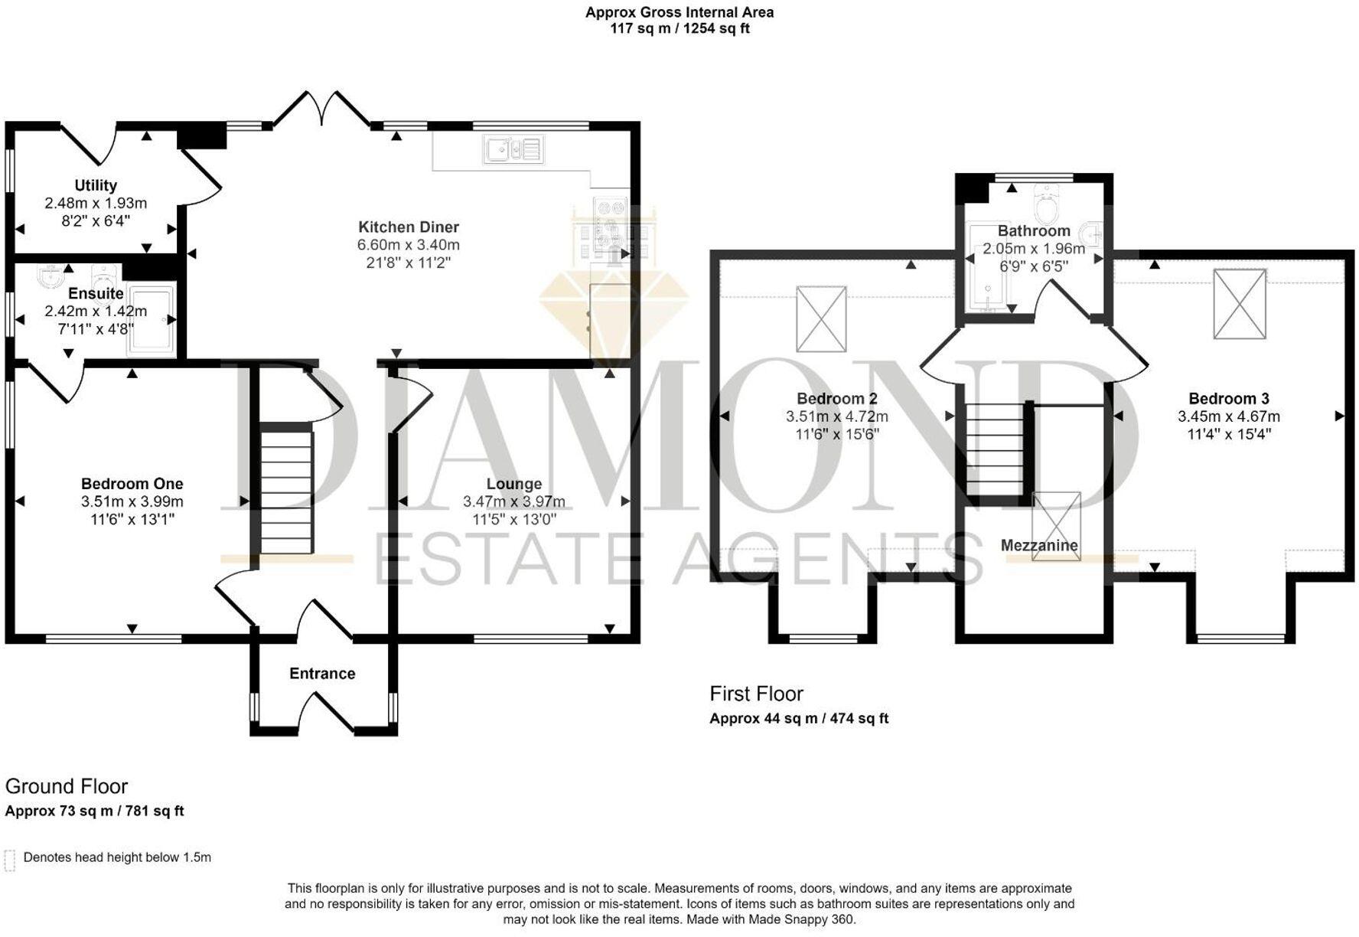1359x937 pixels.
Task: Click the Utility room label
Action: (x=96, y=185)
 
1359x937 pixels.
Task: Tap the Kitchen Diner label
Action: (x=409, y=227)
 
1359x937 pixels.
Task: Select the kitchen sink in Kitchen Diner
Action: (x=513, y=149)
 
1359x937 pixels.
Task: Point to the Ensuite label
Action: (x=96, y=294)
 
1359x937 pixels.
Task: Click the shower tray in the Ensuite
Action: (x=152, y=322)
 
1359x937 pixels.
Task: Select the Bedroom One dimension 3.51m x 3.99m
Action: (x=132, y=502)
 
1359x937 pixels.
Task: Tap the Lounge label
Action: (x=514, y=484)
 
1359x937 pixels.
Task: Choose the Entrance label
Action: (x=322, y=674)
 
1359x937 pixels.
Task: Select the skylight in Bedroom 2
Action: (x=821, y=318)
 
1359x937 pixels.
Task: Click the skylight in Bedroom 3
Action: (x=1240, y=304)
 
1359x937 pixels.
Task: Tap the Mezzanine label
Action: (x=1039, y=546)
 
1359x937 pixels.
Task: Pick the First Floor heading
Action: (x=756, y=694)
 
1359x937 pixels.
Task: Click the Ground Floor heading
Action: (x=67, y=787)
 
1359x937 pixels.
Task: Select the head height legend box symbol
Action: (x=10, y=860)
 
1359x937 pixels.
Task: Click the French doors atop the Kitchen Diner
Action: (x=321, y=108)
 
